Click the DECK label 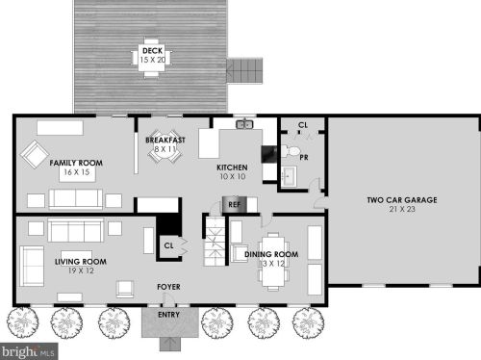tap(152, 50)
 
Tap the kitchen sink tap(244, 124)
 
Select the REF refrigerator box tap(235, 204)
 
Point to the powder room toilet tap(291, 151)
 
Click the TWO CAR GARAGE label tap(402, 200)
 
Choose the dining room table tap(273, 261)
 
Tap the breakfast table tap(165, 146)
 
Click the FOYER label tap(168, 287)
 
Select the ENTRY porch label tap(168, 315)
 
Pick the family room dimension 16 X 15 tap(77, 172)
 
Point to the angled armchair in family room tap(35, 154)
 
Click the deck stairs tap(244, 71)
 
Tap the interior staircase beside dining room tap(215, 241)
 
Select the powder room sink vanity tap(290, 176)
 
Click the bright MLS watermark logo tap(29, 351)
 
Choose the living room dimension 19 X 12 tap(81, 270)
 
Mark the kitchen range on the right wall tap(269, 154)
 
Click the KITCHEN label tap(232, 167)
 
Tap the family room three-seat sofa tap(76, 198)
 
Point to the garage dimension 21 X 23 tap(402, 209)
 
